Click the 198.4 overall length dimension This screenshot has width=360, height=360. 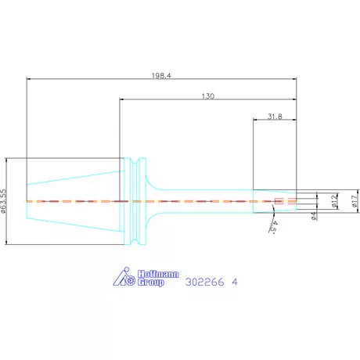tap(161, 76)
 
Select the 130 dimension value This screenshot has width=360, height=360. tap(208, 96)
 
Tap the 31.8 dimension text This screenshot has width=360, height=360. tap(275, 117)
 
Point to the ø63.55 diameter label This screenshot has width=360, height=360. tap(3, 201)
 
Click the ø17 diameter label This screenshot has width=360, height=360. tap(355, 201)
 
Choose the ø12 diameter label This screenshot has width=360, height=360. tap(335, 201)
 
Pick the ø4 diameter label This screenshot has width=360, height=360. tap(314, 216)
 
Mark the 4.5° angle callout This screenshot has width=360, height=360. tap(274, 228)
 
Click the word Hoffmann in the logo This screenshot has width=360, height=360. tap(158, 274)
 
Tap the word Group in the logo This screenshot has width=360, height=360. tap(151, 283)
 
